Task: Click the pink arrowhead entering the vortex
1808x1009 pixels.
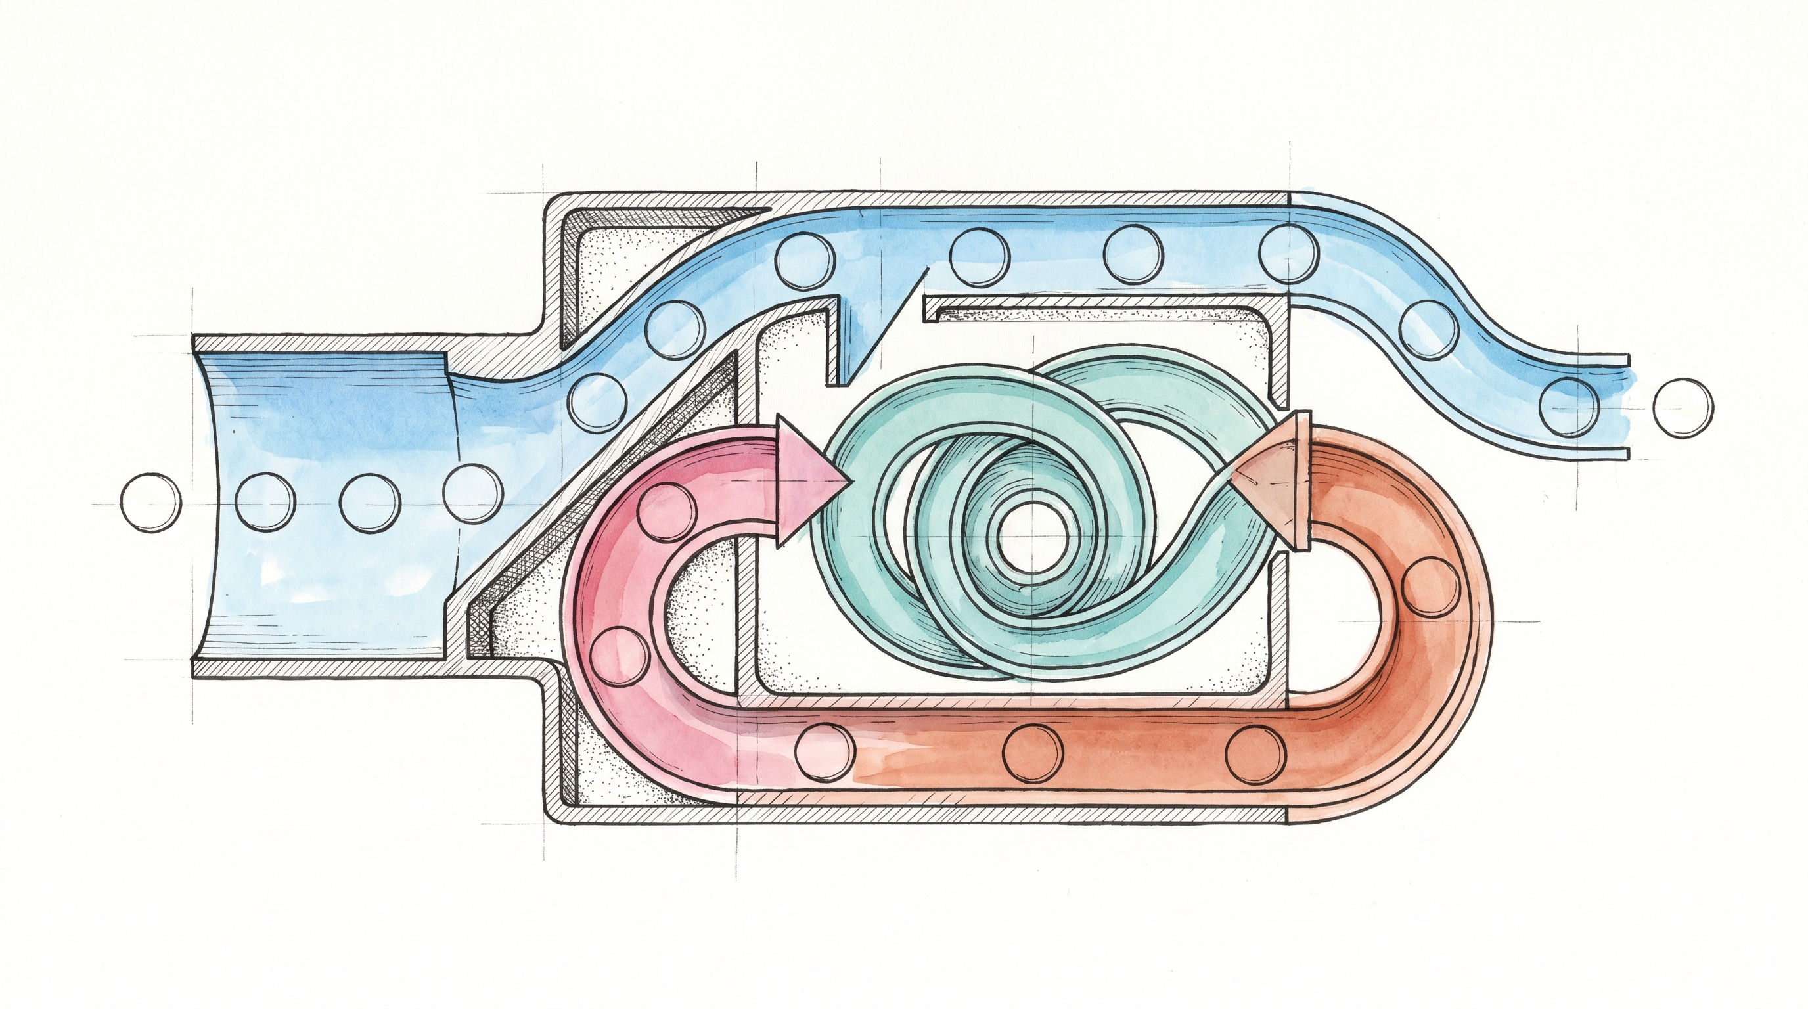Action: pos(807,482)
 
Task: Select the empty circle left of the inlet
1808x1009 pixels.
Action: pos(151,503)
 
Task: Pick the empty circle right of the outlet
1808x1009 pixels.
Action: pos(1683,408)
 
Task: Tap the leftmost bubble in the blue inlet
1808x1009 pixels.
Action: pos(264,503)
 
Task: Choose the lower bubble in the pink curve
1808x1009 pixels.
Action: pos(619,657)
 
